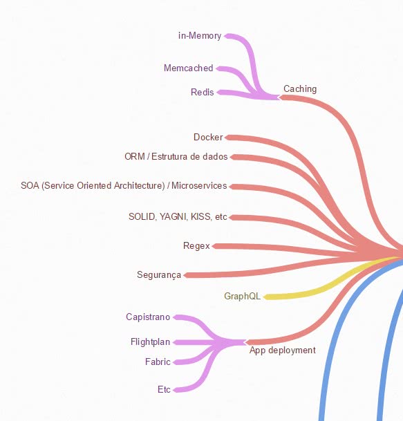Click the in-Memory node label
(200, 36)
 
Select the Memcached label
(189, 68)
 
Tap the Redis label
(202, 93)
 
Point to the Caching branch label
(300, 89)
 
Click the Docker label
(208, 137)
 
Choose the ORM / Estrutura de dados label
(176, 156)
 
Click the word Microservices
(199, 185)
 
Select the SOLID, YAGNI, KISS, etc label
(178, 216)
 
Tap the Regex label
(196, 246)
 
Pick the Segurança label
(159, 275)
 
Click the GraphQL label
(242, 296)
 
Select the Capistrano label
(148, 317)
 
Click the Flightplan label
(151, 342)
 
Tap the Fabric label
(158, 362)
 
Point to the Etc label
(164, 390)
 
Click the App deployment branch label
(283, 350)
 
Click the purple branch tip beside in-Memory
(225, 36)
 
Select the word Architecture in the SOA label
(139, 185)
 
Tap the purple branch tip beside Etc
(174, 390)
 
